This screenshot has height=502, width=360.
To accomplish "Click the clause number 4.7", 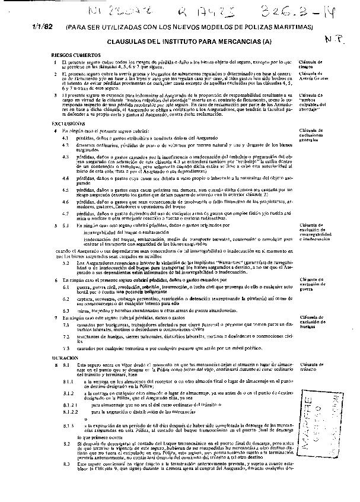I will pos(68,212).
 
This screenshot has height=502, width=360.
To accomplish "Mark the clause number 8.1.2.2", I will pos(71,411).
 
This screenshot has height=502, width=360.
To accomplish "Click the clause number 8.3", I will pos(66,463).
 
